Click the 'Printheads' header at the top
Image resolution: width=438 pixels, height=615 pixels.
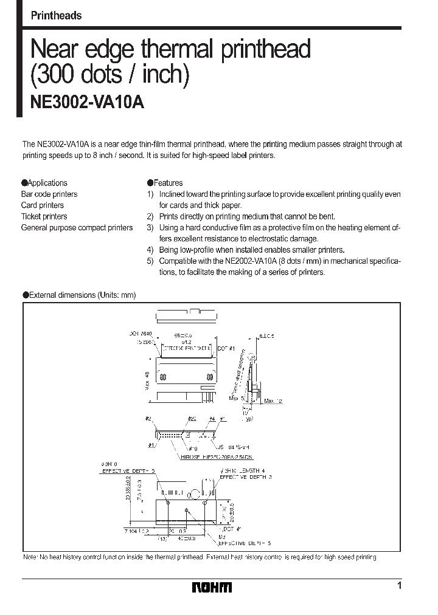point(56,16)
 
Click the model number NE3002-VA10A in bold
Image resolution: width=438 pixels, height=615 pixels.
point(87,103)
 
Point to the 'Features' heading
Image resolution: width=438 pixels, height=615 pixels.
point(168,183)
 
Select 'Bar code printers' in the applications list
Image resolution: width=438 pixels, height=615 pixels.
point(49,194)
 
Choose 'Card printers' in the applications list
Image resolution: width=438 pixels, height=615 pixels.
point(43,205)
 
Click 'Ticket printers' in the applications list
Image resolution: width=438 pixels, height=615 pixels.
point(44,216)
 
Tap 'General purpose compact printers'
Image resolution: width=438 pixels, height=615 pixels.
point(77,228)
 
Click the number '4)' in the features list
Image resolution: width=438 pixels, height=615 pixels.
point(150,250)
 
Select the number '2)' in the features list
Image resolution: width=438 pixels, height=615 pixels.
point(150,216)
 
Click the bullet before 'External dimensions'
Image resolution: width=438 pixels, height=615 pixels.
point(26,295)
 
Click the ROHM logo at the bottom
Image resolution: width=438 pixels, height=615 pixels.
point(212,587)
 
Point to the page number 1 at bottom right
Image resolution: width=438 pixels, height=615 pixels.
point(399,586)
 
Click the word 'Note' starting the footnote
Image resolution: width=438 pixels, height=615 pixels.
point(30,557)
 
